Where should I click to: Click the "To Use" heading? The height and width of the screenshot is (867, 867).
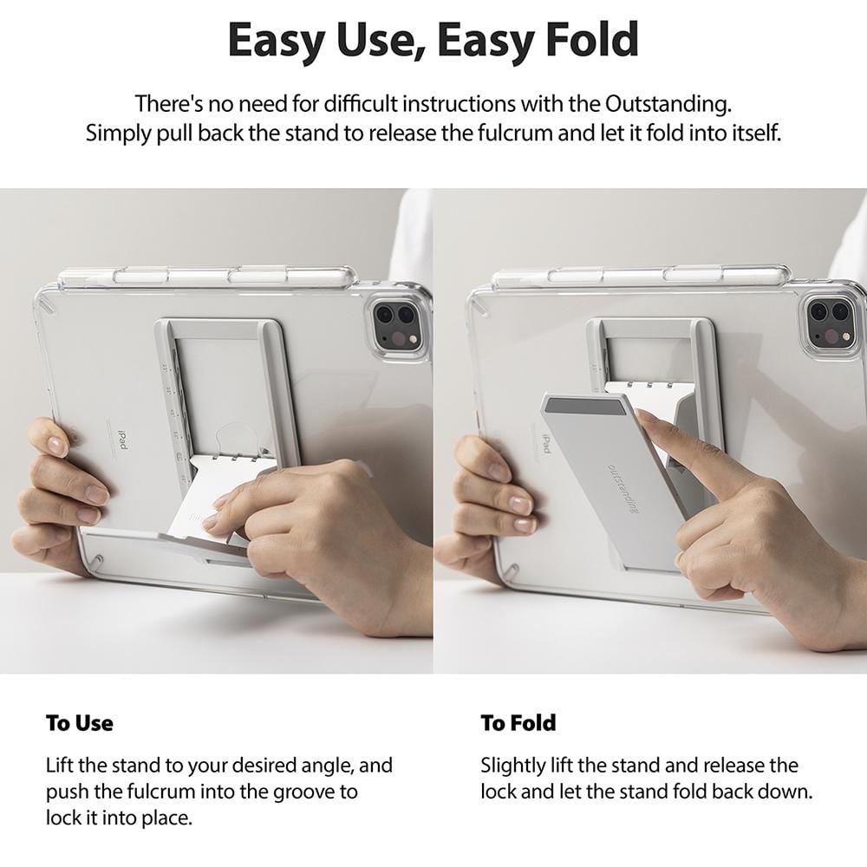79,722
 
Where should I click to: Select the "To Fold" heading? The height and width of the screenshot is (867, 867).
518,722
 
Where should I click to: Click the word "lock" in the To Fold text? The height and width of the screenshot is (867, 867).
499,791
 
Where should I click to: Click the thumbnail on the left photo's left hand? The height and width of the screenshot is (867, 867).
57,447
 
